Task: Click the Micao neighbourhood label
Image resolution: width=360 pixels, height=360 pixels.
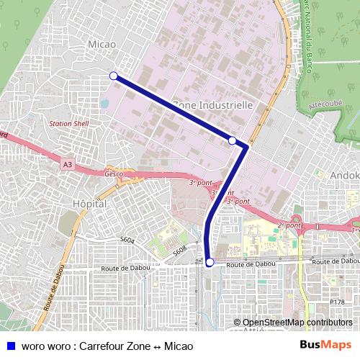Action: [102, 45]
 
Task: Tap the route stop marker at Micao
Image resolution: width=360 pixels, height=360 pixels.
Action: [113, 76]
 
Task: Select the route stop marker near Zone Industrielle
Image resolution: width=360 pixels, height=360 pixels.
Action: [232, 140]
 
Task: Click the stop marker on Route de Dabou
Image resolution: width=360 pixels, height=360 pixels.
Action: [210, 263]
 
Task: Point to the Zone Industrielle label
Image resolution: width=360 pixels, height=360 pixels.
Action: [212, 104]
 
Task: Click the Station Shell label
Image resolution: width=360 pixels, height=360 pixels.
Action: [68, 124]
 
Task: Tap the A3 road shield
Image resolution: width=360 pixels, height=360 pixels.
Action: [67, 166]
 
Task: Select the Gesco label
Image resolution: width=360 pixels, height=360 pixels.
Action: [114, 174]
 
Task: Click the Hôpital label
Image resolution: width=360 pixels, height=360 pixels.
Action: [90, 204]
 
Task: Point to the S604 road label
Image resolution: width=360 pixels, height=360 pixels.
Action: [128, 239]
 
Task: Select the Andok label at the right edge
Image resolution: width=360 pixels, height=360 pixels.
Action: [344, 175]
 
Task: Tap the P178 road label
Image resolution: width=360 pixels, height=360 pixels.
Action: [336, 302]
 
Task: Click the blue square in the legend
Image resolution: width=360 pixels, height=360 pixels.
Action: [10, 346]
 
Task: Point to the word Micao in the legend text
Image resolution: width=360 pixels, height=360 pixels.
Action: [179, 346]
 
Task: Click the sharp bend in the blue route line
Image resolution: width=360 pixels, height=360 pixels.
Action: [247, 147]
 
